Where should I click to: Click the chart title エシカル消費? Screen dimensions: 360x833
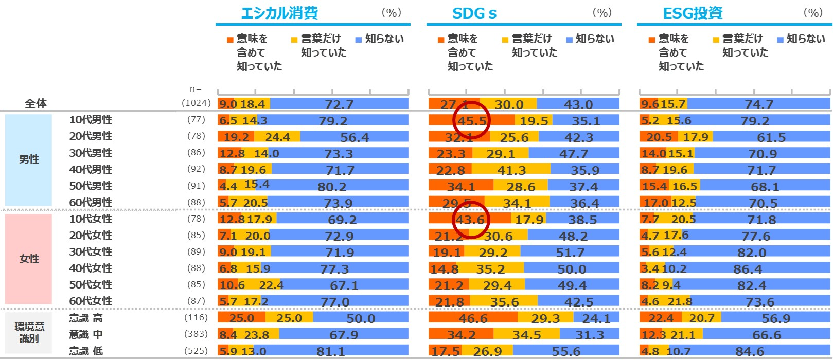279,13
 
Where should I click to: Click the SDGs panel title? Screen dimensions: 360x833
474,13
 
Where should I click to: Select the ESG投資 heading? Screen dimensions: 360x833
693,13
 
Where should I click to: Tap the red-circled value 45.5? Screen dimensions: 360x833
472,121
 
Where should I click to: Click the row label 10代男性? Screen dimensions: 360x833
91,120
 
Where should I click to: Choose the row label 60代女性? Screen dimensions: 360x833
91,301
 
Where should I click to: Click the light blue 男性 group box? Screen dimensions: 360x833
28,159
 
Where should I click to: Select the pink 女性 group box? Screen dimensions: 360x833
28,259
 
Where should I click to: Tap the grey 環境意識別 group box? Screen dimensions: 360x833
29,332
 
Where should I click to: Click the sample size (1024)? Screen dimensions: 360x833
196,103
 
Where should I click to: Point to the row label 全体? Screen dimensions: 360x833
36,103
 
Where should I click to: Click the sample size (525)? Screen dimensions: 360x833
196,351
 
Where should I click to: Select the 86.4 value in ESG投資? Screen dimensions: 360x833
748,269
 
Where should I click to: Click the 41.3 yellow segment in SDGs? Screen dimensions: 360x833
511,170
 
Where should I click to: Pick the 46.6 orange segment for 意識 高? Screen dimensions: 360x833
473,318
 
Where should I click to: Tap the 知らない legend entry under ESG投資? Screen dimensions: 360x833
801,39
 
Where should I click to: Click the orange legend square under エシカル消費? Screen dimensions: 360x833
230,40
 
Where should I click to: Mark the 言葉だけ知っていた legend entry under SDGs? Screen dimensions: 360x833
530,46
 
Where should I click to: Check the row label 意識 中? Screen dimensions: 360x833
86,335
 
